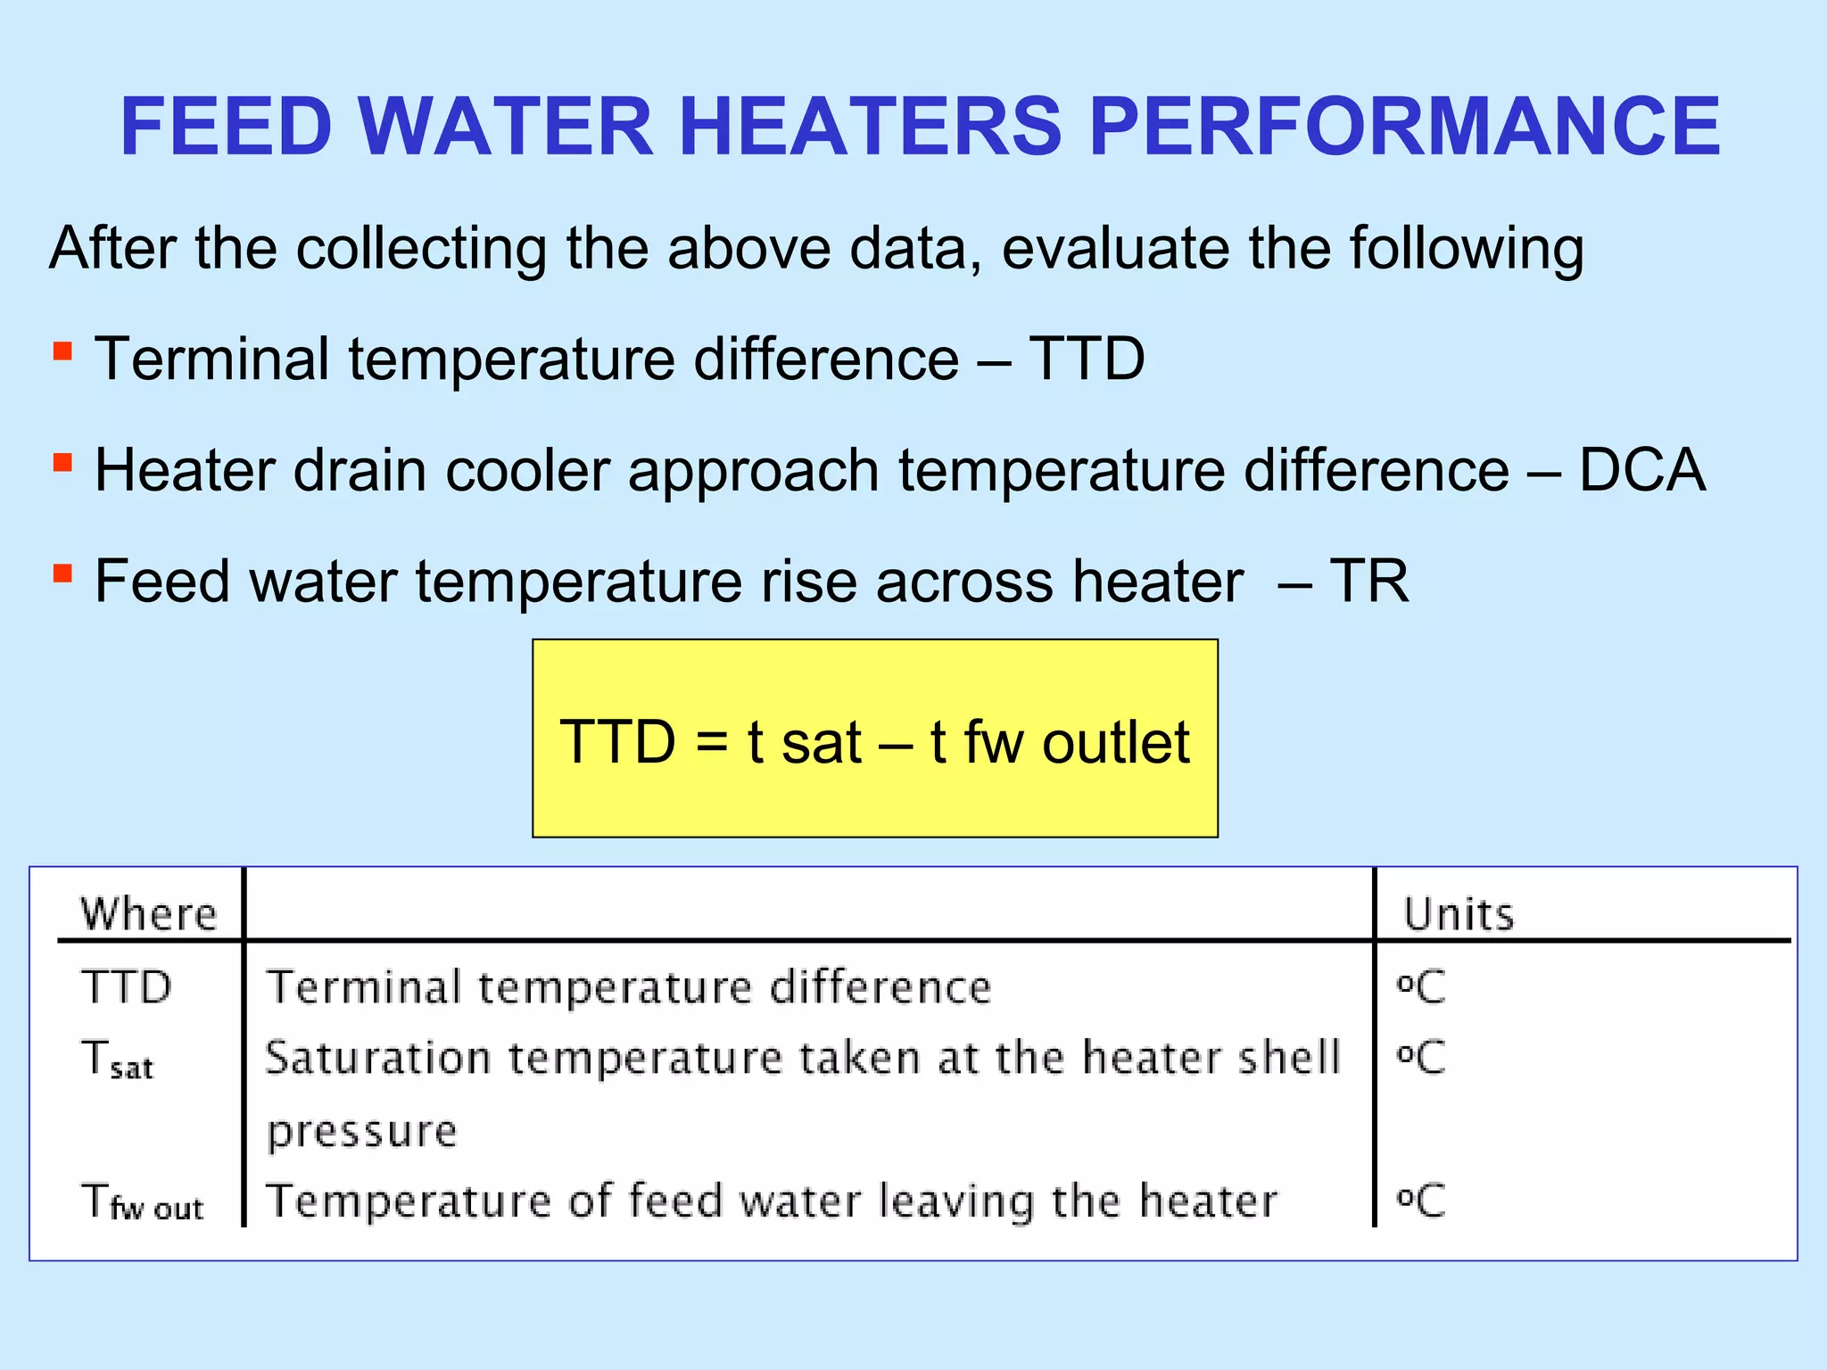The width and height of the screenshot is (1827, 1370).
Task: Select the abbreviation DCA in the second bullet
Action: (1641, 470)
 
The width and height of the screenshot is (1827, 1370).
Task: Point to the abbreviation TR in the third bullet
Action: (1368, 582)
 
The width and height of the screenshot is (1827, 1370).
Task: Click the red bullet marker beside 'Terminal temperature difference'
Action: (62, 351)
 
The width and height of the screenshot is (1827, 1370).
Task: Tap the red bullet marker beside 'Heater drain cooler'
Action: (62, 462)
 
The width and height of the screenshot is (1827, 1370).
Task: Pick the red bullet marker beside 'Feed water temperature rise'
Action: (62, 573)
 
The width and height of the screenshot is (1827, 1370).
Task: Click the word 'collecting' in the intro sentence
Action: (421, 248)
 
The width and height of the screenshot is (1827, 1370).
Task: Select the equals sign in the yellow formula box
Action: (711, 742)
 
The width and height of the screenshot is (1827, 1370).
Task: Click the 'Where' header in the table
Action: (149, 914)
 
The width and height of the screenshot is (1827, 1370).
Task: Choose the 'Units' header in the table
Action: (1459, 914)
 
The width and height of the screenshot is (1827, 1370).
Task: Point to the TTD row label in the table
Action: (126, 987)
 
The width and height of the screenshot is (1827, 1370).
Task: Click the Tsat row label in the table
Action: (117, 1060)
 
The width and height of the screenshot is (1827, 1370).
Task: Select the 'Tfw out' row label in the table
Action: (143, 1201)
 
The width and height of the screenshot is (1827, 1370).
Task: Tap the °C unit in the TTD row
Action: (1420, 987)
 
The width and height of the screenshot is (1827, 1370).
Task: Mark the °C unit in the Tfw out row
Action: (1420, 1201)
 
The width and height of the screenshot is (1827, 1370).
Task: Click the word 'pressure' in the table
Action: (362, 1132)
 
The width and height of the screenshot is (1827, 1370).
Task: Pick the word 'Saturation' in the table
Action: (378, 1059)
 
